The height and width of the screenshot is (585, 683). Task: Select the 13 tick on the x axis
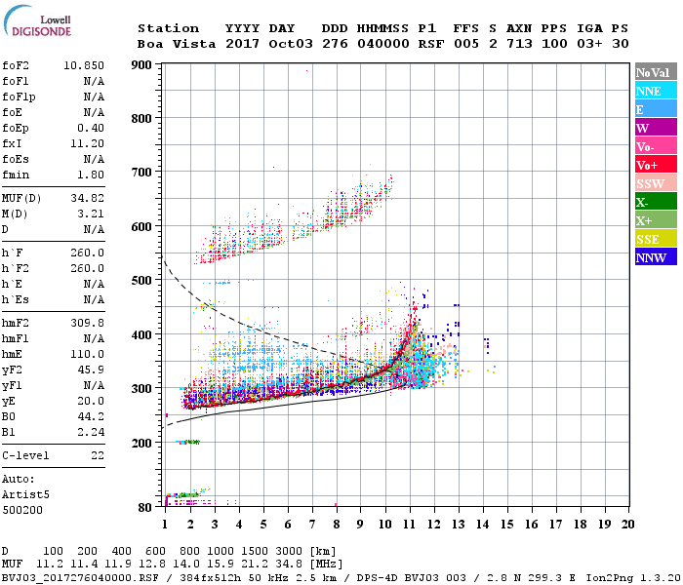[x=458, y=524]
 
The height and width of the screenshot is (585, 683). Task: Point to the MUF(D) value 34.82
[x=88, y=198]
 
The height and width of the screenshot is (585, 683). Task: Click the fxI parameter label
[x=14, y=142]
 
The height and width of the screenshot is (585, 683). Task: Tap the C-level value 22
[x=98, y=455]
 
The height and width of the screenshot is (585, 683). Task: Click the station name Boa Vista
[x=169, y=44]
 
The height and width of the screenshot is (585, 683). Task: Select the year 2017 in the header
[x=243, y=44]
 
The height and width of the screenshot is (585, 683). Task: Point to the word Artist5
[x=26, y=494]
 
